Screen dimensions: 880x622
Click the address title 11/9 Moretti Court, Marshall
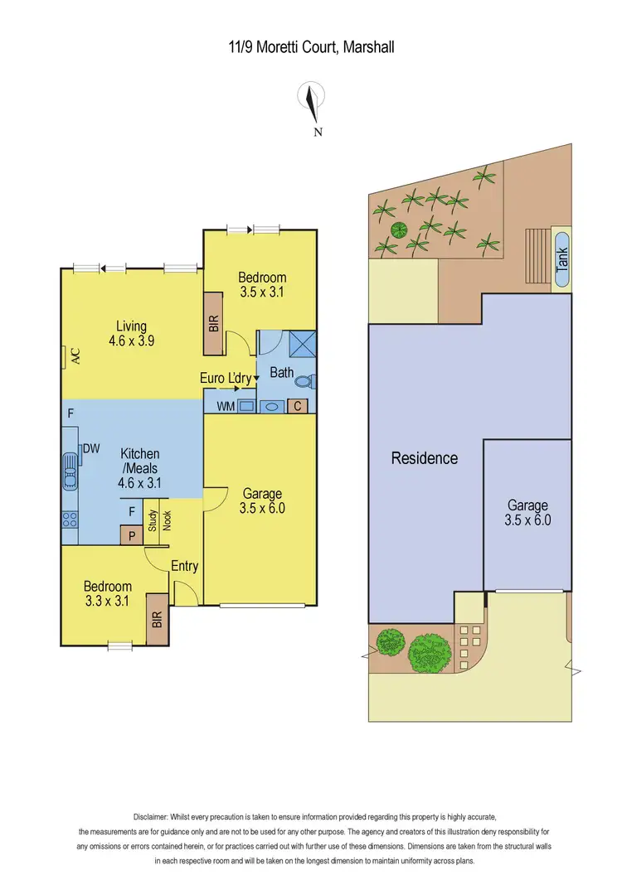pos(311,47)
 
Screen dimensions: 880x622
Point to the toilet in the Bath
pos(304,382)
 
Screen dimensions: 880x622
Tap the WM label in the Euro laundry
pos(225,407)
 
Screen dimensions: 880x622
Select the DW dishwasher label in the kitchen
pos(90,449)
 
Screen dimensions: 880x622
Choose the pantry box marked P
pos(131,535)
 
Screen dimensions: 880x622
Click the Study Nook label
pos(159,520)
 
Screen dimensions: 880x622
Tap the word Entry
pos(184,566)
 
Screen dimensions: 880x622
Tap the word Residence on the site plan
pos(424,458)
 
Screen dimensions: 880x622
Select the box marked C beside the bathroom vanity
pos(298,406)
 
